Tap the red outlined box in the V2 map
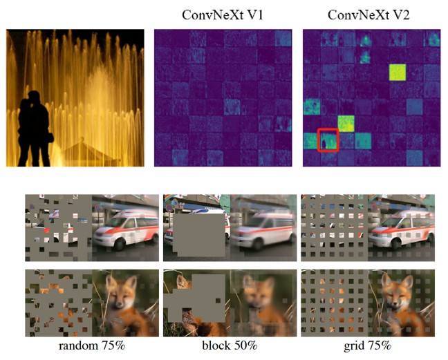[x=328, y=139]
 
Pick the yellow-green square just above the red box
[x=346, y=124]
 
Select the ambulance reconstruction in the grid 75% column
[x=399, y=229]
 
